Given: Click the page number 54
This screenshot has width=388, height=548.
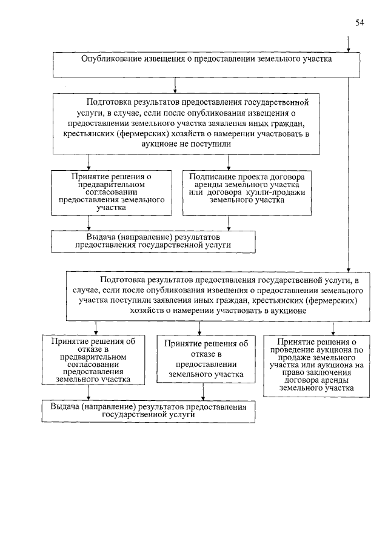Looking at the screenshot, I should pos(360,24).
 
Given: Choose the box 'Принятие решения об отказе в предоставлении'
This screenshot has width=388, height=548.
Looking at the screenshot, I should pos(204,358).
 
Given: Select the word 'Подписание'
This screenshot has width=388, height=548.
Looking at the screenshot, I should pos(210,175).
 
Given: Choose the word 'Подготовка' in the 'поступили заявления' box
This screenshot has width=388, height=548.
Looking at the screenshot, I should pos(123,280).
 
